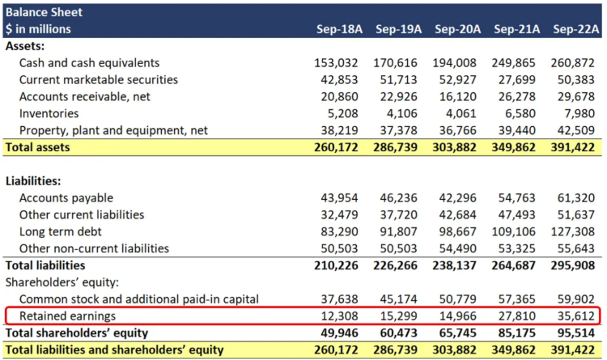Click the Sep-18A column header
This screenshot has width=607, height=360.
click(339, 29)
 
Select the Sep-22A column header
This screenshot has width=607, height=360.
click(575, 29)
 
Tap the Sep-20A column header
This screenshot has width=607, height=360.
click(457, 29)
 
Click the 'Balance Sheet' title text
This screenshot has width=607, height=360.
click(44, 12)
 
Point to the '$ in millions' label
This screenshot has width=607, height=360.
click(38, 29)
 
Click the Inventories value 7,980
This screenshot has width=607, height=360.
click(579, 113)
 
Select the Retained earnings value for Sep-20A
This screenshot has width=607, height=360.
click(461, 316)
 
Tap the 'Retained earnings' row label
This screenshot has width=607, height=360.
click(67, 316)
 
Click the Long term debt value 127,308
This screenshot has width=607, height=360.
click(575, 231)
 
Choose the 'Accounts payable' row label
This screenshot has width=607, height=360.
click(66, 197)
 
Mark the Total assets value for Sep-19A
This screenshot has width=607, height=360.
click(397, 147)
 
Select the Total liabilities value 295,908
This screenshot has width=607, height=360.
click(575, 265)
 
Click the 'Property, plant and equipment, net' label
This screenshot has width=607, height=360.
click(113, 130)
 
